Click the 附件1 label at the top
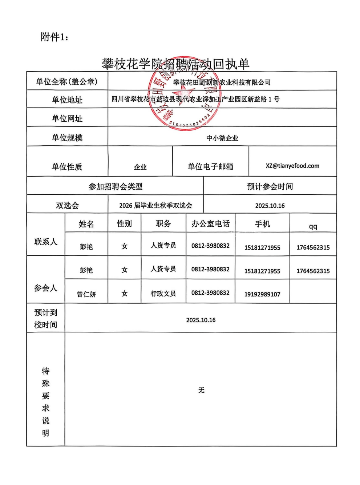54,37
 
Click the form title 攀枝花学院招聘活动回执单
175,64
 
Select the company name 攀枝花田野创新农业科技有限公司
222,82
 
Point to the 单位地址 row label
67,100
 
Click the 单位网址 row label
67,118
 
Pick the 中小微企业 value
222,138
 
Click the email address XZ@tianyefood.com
292,166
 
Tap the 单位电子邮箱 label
210,167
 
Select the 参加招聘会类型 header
116,187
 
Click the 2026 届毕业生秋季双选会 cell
155,206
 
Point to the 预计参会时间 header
270,187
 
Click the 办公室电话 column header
211,224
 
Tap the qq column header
313,226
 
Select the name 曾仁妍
86,294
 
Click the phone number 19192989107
262,294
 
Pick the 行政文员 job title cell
163,293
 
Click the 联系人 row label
46,242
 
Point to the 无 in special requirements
201,390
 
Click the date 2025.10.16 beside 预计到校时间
201,320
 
